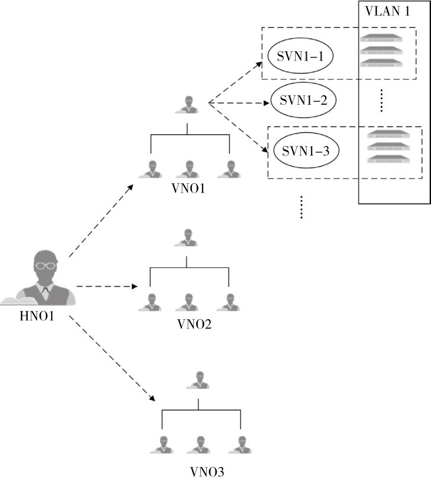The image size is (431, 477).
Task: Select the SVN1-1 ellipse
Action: tap(300, 56)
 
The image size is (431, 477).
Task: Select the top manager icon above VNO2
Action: tap(187, 238)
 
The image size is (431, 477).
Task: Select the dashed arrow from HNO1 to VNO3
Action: tap(112, 360)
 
